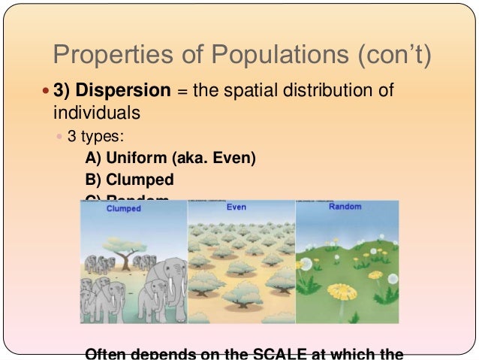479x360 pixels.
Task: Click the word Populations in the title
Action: [248, 56]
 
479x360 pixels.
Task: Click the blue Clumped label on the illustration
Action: [124, 208]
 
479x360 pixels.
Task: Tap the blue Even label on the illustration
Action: [236, 207]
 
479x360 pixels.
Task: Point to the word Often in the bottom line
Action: [107, 353]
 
